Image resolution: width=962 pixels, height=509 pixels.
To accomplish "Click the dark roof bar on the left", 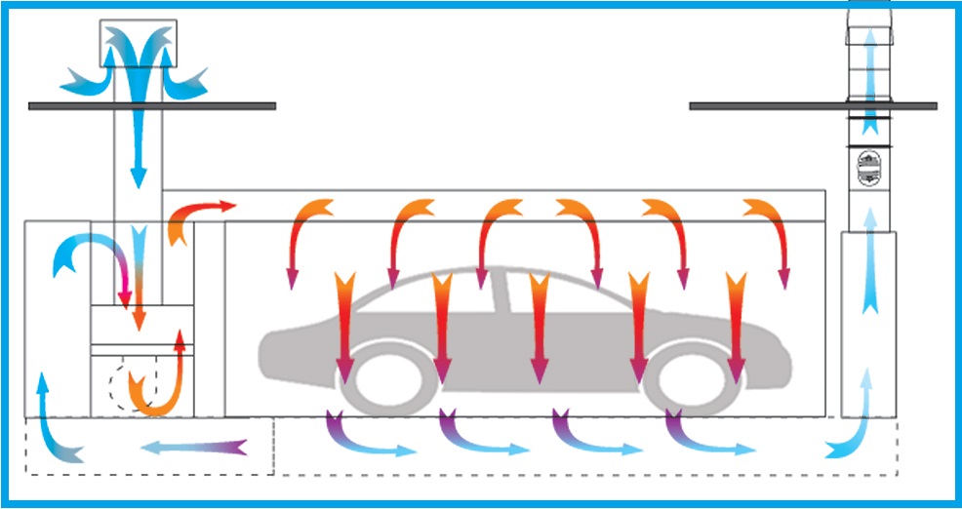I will (152, 105).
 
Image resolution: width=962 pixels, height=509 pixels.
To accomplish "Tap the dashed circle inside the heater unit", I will (126, 386).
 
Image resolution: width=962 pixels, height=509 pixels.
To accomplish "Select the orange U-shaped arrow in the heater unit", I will (161, 380).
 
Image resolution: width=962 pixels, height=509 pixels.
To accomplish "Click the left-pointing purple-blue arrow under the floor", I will (191, 448).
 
